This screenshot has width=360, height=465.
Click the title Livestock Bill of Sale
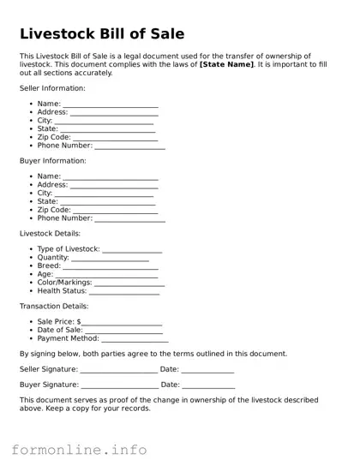(102, 34)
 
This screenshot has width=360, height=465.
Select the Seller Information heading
(52, 88)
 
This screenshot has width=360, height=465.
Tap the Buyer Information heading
(52, 161)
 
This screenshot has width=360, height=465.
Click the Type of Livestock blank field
(132, 251)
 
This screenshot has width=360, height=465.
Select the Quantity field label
(52, 258)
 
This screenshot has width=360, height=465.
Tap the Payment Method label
(69, 338)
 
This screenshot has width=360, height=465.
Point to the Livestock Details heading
(50, 233)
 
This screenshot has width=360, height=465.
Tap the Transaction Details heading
(54, 306)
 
